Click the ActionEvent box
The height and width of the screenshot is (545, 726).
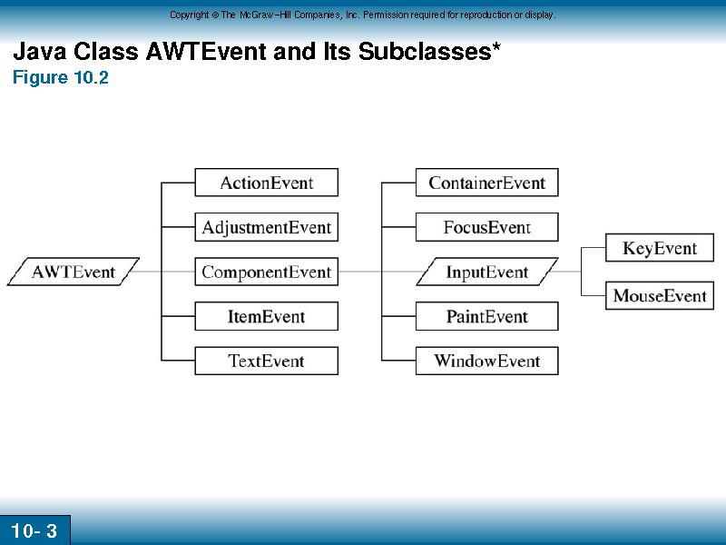(x=266, y=183)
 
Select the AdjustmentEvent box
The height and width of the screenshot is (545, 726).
(x=266, y=227)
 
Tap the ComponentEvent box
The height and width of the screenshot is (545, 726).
(x=266, y=272)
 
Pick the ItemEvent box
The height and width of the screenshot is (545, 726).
(x=266, y=316)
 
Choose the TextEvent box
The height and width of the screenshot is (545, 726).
(x=266, y=361)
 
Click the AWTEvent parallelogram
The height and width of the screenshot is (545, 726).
(x=74, y=272)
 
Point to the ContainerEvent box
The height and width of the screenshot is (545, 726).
(x=487, y=183)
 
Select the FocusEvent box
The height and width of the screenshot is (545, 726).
(x=487, y=227)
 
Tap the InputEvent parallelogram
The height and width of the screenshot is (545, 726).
(x=487, y=272)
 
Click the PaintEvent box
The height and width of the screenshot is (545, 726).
(x=487, y=316)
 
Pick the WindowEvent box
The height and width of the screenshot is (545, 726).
(x=487, y=361)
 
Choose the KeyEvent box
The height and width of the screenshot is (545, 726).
(x=660, y=248)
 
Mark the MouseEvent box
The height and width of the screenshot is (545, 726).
(x=660, y=295)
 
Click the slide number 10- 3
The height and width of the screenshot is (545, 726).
(x=34, y=530)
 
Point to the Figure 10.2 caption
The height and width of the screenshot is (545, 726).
(x=60, y=77)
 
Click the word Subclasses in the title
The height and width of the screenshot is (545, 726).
(x=425, y=51)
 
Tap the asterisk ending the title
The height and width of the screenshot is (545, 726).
(x=496, y=46)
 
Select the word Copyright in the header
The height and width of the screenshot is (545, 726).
(x=190, y=15)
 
